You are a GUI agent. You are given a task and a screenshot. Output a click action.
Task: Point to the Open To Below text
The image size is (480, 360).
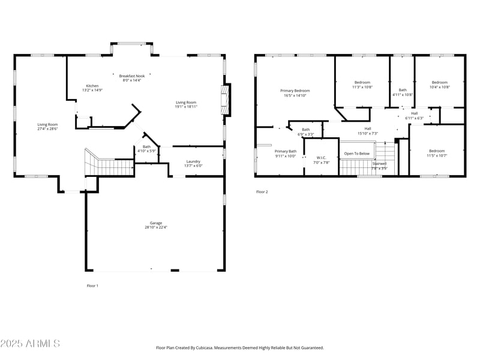tap(357, 154)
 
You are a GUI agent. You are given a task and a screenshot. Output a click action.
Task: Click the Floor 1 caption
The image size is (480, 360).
tap(92, 286)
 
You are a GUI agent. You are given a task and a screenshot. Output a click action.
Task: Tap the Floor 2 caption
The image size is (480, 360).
tap(262, 192)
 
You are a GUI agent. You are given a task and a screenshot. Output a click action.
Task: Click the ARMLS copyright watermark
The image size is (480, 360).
tap(30, 343)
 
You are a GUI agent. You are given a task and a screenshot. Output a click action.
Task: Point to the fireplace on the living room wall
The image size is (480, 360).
tap(226, 100)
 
